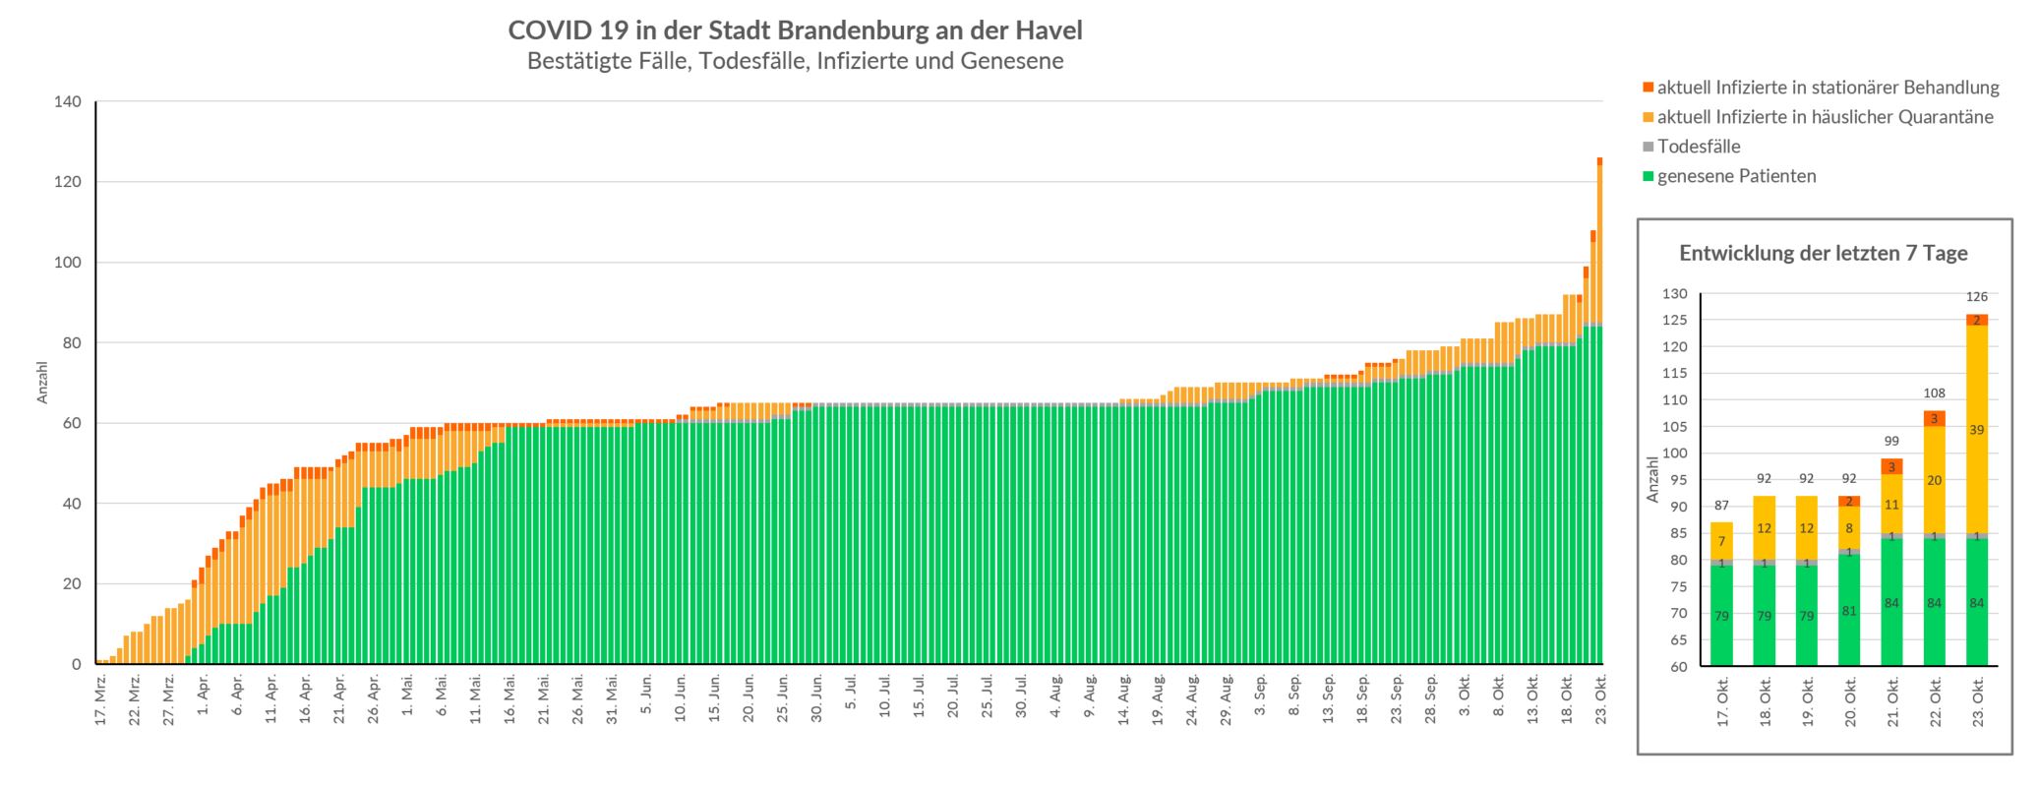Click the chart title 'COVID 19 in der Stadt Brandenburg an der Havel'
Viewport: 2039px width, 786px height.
pyautogui.click(x=795, y=30)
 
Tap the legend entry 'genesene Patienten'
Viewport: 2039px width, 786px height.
pyautogui.click(x=1736, y=176)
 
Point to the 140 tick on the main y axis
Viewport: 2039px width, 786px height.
pyautogui.click(x=69, y=101)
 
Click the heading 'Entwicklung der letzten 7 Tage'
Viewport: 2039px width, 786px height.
pyautogui.click(x=1824, y=253)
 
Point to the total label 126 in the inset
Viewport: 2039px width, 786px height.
pyautogui.click(x=1976, y=296)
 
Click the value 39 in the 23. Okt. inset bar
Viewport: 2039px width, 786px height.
pyautogui.click(x=1976, y=430)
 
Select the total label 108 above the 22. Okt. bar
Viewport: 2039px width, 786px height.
pyautogui.click(x=1934, y=393)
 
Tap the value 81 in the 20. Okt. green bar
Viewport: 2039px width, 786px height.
pyautogui.click(x=1849, y=611)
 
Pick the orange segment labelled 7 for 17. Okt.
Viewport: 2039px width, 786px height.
pyautogui.click(x=1721, y=541)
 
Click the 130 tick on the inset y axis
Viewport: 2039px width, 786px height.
pyautogui.click(x=1675, y=294)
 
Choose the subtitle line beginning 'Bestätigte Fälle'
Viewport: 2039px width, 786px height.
pyautogui.click(x=795, y=61)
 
